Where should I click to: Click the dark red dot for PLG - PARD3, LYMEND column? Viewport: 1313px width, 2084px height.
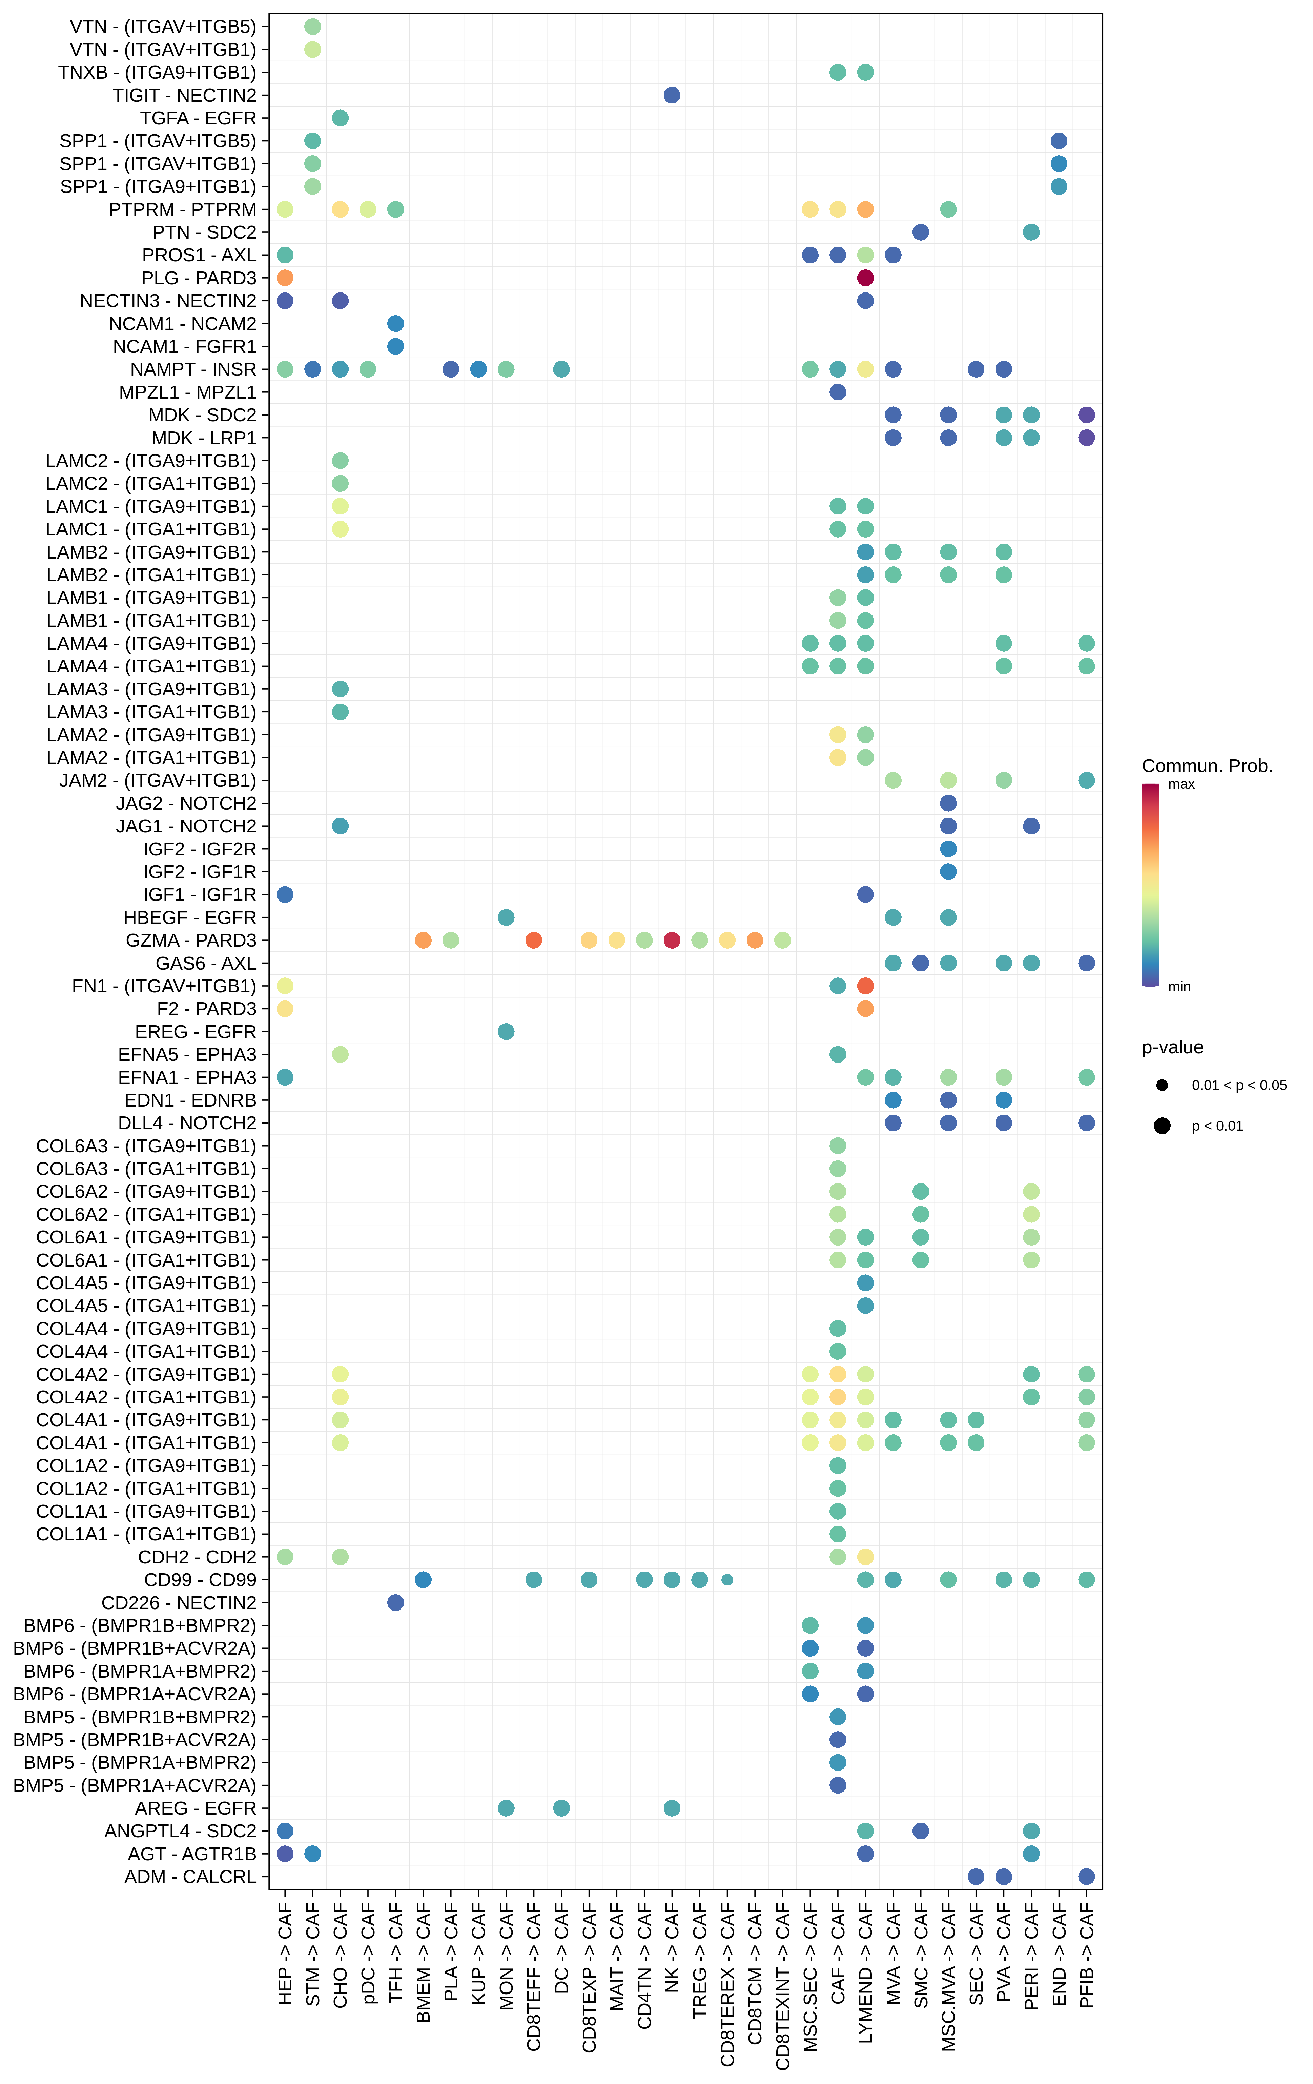pos(865,278)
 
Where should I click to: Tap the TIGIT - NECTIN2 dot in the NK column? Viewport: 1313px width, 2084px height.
pos(672,95)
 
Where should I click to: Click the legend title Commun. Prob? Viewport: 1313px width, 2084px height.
pos(1207,766)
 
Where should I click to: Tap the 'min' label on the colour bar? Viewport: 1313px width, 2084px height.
pos(1179,987)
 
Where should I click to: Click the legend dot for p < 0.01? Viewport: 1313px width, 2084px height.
pos(1162,1126)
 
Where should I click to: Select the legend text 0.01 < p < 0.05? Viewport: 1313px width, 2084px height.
pos(1238,1085)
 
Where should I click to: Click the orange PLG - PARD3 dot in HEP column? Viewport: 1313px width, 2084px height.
pos(285,278)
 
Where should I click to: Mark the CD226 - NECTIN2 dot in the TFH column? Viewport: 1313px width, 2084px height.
pos(395,1603)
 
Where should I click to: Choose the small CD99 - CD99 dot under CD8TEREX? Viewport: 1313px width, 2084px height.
pos(727,1579)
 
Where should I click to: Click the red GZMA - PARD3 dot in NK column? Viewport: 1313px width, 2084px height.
pos(672,940)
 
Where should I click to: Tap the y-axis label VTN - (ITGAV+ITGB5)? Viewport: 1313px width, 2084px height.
pos(163,27)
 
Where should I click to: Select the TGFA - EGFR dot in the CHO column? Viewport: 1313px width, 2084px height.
pos(340,118)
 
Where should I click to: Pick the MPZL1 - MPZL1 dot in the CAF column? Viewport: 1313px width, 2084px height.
pos(837,392)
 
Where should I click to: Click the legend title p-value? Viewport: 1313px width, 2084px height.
pos(1172,1047)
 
